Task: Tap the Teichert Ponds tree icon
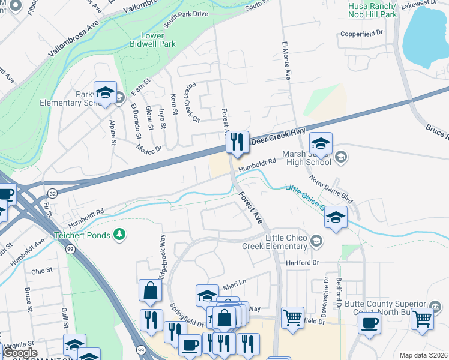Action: (120, 233)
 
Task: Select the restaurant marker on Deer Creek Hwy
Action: (238, 142)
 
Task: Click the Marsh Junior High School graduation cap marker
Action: (321, 143)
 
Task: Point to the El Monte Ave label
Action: (287, 62)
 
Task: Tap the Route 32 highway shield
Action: (52, 194)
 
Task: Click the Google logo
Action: (20, 353)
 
